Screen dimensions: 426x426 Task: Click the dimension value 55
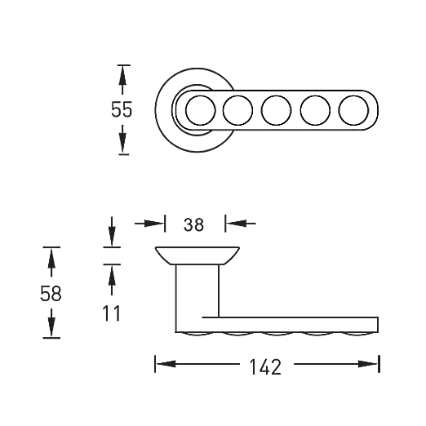coord(122,109)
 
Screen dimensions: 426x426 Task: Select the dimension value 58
coord(51,294)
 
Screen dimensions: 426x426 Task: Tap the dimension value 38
coord(193,224)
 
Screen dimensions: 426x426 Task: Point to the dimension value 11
coord(111,313)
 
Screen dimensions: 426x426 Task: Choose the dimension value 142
coord(265,367)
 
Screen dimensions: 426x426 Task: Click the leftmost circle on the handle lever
coord(201,110)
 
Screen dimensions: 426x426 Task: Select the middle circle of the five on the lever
coord(276,110)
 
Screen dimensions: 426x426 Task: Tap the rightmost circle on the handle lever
coord(353,110)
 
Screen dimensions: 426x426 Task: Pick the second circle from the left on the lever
coord(237,110)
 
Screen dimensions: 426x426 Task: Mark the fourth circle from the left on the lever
coord(315,110)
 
